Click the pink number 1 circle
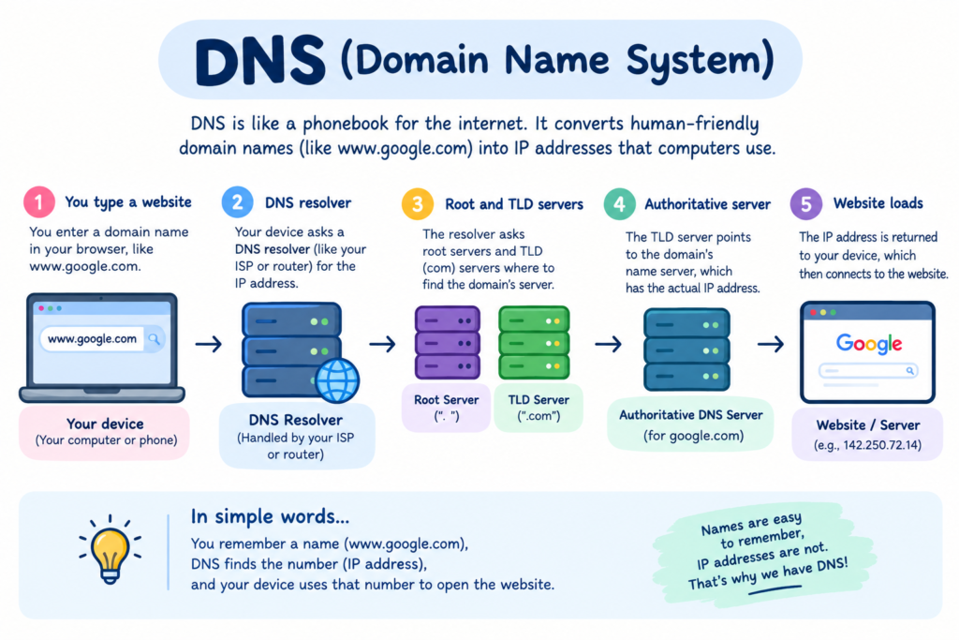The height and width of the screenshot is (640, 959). coord(39,201)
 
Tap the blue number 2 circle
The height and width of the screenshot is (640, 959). coord(237,201)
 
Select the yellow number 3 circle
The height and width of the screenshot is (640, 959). coord(418,203)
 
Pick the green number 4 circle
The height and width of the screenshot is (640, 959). coord(620,203)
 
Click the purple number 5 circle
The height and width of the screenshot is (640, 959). coord(806,203)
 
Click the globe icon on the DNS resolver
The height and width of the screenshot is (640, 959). coord(337,380)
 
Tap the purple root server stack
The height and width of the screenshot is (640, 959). coord(448,343)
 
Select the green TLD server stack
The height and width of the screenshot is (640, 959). coord(535,343)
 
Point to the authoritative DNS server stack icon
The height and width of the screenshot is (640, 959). coord(686,350)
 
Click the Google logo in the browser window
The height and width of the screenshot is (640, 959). coord(868,343)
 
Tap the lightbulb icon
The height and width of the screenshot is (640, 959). coord(111,549)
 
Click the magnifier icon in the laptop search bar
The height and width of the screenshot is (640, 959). coord(155,338)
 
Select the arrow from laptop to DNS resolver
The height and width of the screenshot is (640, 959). coord(209,344)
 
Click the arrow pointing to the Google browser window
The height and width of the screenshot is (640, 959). coord(771,344)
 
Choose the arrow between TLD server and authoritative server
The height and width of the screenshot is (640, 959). coord(608,344)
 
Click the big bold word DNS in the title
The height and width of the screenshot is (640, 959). coord(260,61)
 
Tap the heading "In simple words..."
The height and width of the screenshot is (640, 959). coord(270,517)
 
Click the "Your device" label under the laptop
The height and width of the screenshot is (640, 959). coord(105,424)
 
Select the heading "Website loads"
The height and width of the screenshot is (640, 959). coord(878,203)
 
